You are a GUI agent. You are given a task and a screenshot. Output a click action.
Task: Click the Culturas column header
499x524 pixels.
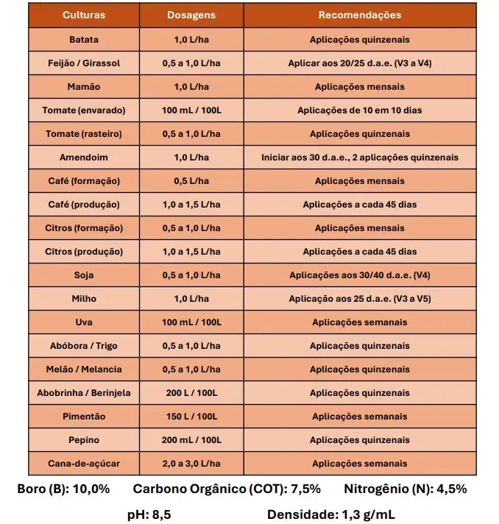coord(84,15)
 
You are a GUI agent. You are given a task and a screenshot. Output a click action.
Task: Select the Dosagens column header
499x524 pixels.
coord(191,15)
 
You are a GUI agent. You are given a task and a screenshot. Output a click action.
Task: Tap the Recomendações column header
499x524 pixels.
coord(360,15)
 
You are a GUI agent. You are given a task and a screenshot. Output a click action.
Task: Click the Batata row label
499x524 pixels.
coord(84,40)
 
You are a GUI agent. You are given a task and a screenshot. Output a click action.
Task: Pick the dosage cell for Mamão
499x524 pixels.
coord(191,87)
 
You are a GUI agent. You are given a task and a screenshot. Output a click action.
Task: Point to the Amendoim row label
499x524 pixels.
coord(84,157)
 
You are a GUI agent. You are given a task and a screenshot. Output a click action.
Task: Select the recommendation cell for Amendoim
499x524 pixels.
coord(360,157)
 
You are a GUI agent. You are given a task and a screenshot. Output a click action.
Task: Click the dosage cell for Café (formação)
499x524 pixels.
coord(191,181)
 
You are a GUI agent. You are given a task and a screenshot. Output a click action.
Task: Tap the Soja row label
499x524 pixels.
coord(84,275)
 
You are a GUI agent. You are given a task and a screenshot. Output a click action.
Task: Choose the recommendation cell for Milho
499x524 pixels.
coord(360,299)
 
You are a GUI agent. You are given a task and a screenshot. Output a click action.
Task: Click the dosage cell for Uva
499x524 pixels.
coord(191,322)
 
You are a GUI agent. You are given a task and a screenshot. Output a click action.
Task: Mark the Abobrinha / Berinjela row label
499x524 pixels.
coord(84,393)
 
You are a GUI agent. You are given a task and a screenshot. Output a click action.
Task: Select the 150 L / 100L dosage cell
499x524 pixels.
coord(191,417)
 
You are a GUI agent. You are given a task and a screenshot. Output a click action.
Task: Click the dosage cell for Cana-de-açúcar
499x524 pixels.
coord(191,464)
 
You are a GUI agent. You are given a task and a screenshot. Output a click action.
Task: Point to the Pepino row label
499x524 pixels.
coord(84,440)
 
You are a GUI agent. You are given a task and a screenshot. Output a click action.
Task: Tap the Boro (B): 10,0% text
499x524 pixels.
coord(63,489)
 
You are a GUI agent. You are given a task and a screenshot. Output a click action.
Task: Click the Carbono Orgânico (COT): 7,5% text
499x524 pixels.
coord(227,489)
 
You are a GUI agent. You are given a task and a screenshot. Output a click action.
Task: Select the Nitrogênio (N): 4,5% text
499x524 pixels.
coord(406,489)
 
